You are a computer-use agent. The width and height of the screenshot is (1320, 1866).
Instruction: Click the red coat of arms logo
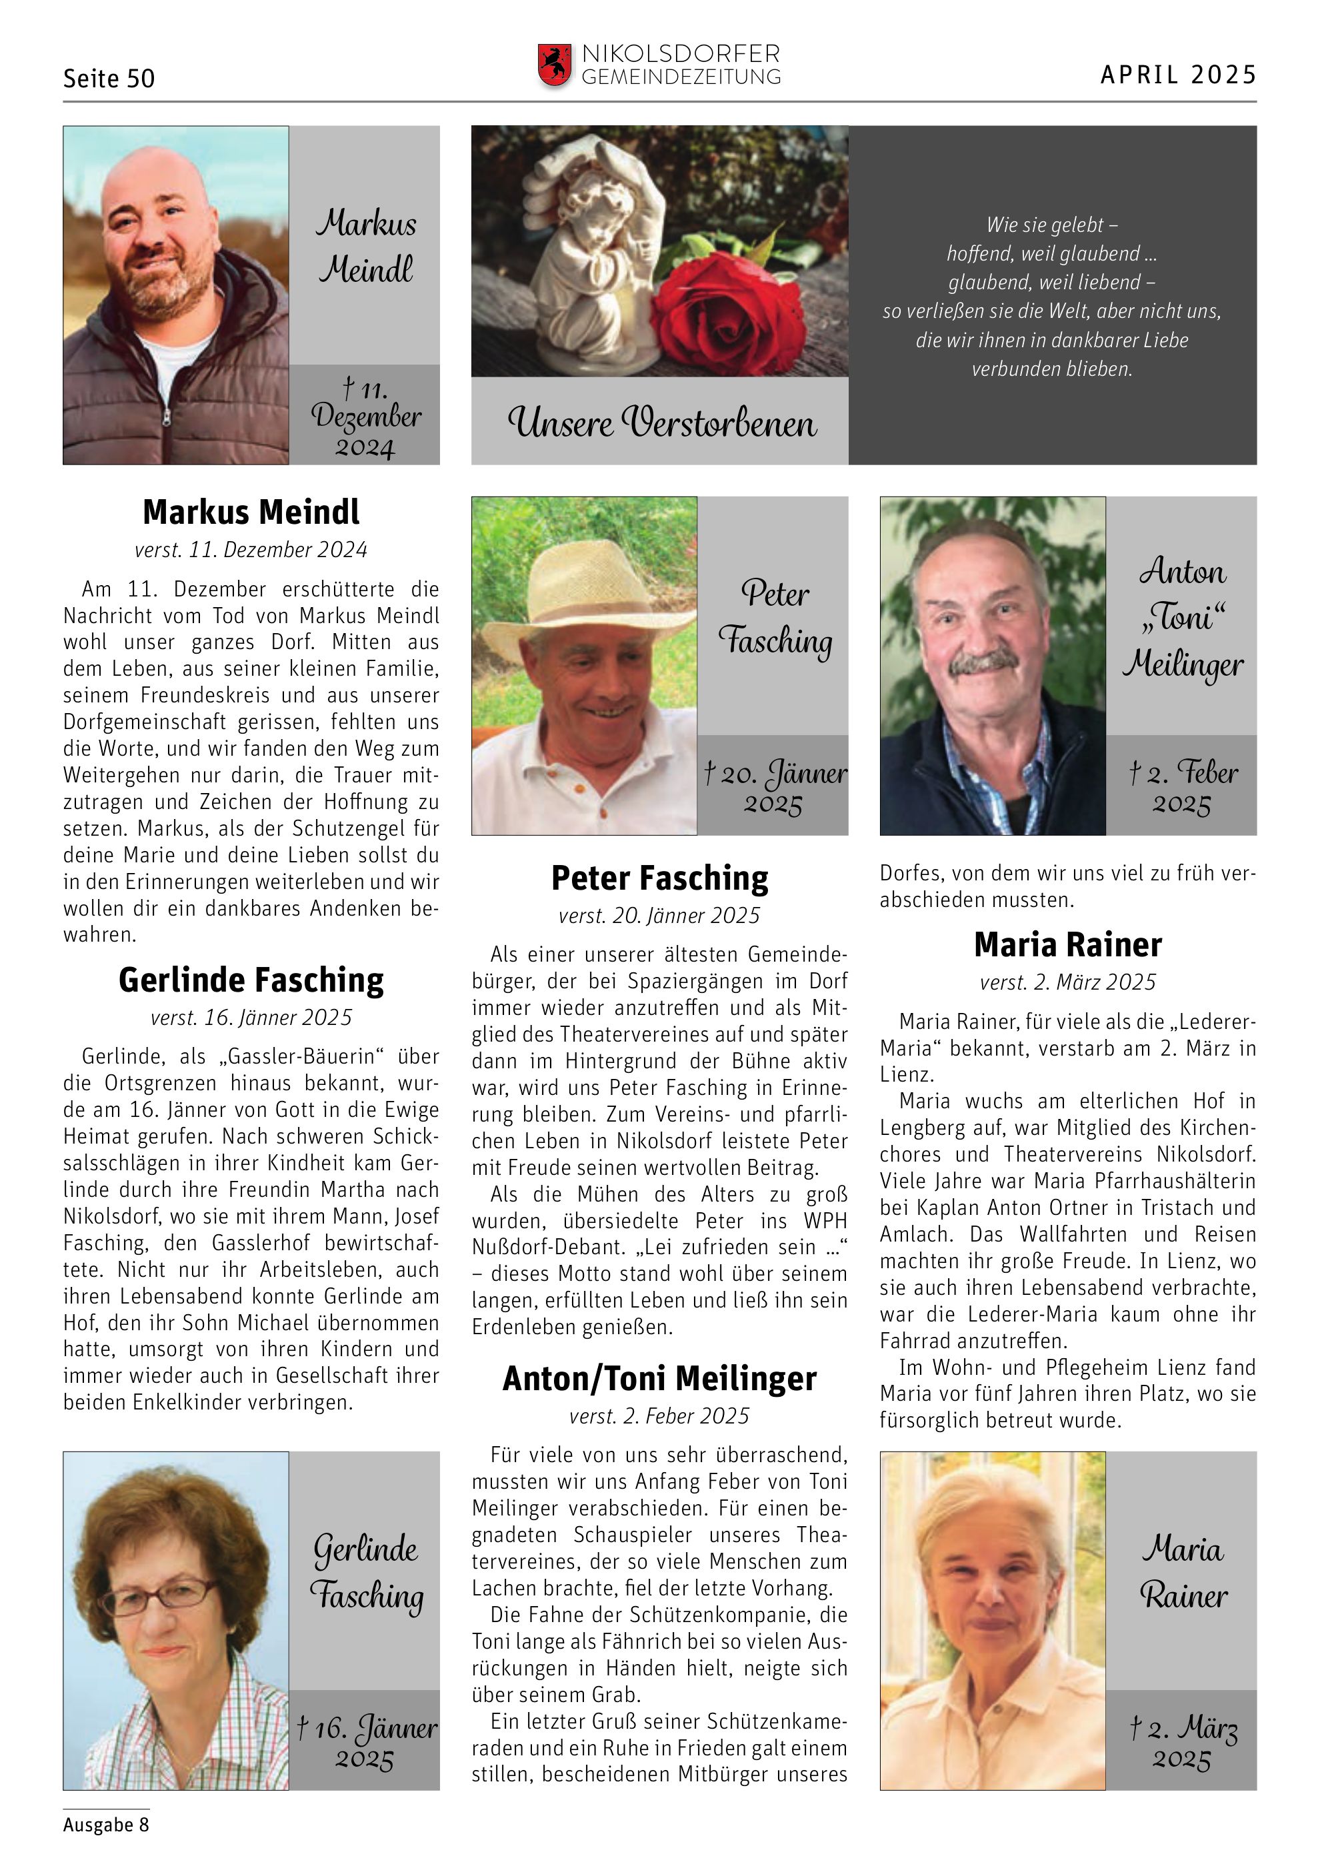[555, 65]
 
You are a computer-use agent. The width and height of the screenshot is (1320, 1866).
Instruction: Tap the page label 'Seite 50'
[109, 79]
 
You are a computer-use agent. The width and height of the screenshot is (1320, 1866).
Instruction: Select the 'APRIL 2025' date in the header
[1178, 75]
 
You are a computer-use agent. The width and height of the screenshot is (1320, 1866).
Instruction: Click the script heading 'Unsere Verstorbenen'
[661, 423]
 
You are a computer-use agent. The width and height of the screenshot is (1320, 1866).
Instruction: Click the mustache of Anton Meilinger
[984, 662]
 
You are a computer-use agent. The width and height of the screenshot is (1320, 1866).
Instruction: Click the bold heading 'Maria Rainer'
[1067, 944]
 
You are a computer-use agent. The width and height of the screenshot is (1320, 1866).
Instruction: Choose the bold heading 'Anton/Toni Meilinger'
[659, 1378]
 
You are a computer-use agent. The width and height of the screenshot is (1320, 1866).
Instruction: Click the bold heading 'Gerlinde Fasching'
[251, 980]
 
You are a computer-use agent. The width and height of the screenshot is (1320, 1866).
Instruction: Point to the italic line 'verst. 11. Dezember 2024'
[251, 550]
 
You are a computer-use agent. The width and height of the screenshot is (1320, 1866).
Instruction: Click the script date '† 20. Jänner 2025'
[775, 786]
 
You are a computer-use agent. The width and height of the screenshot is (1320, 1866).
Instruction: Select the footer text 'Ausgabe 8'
[107, 1825]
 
